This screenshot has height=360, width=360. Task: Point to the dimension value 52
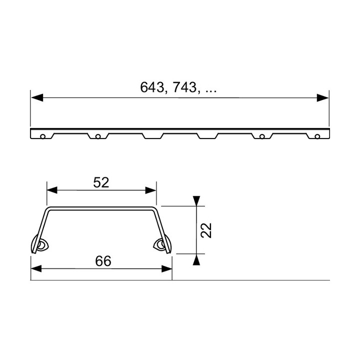tap(101, 182)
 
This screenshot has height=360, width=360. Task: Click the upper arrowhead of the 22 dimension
tap(198, 200)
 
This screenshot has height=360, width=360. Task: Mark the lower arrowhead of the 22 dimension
tap(198, 259)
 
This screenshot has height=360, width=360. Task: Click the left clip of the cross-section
tap(40, 245)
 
